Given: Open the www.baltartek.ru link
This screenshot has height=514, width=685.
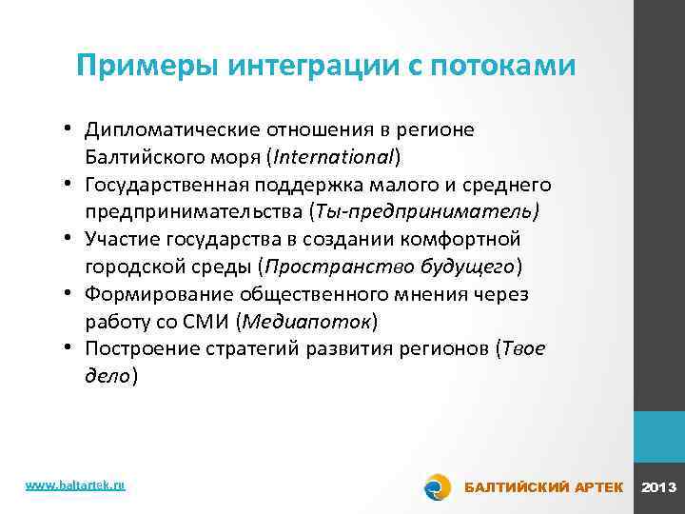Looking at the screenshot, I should pos(75,485).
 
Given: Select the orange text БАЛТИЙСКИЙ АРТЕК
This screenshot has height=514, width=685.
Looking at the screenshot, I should pos(542,487).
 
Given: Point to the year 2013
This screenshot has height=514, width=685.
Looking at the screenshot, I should pos(659,487).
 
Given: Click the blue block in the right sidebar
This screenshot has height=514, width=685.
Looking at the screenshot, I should pos(659,436).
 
